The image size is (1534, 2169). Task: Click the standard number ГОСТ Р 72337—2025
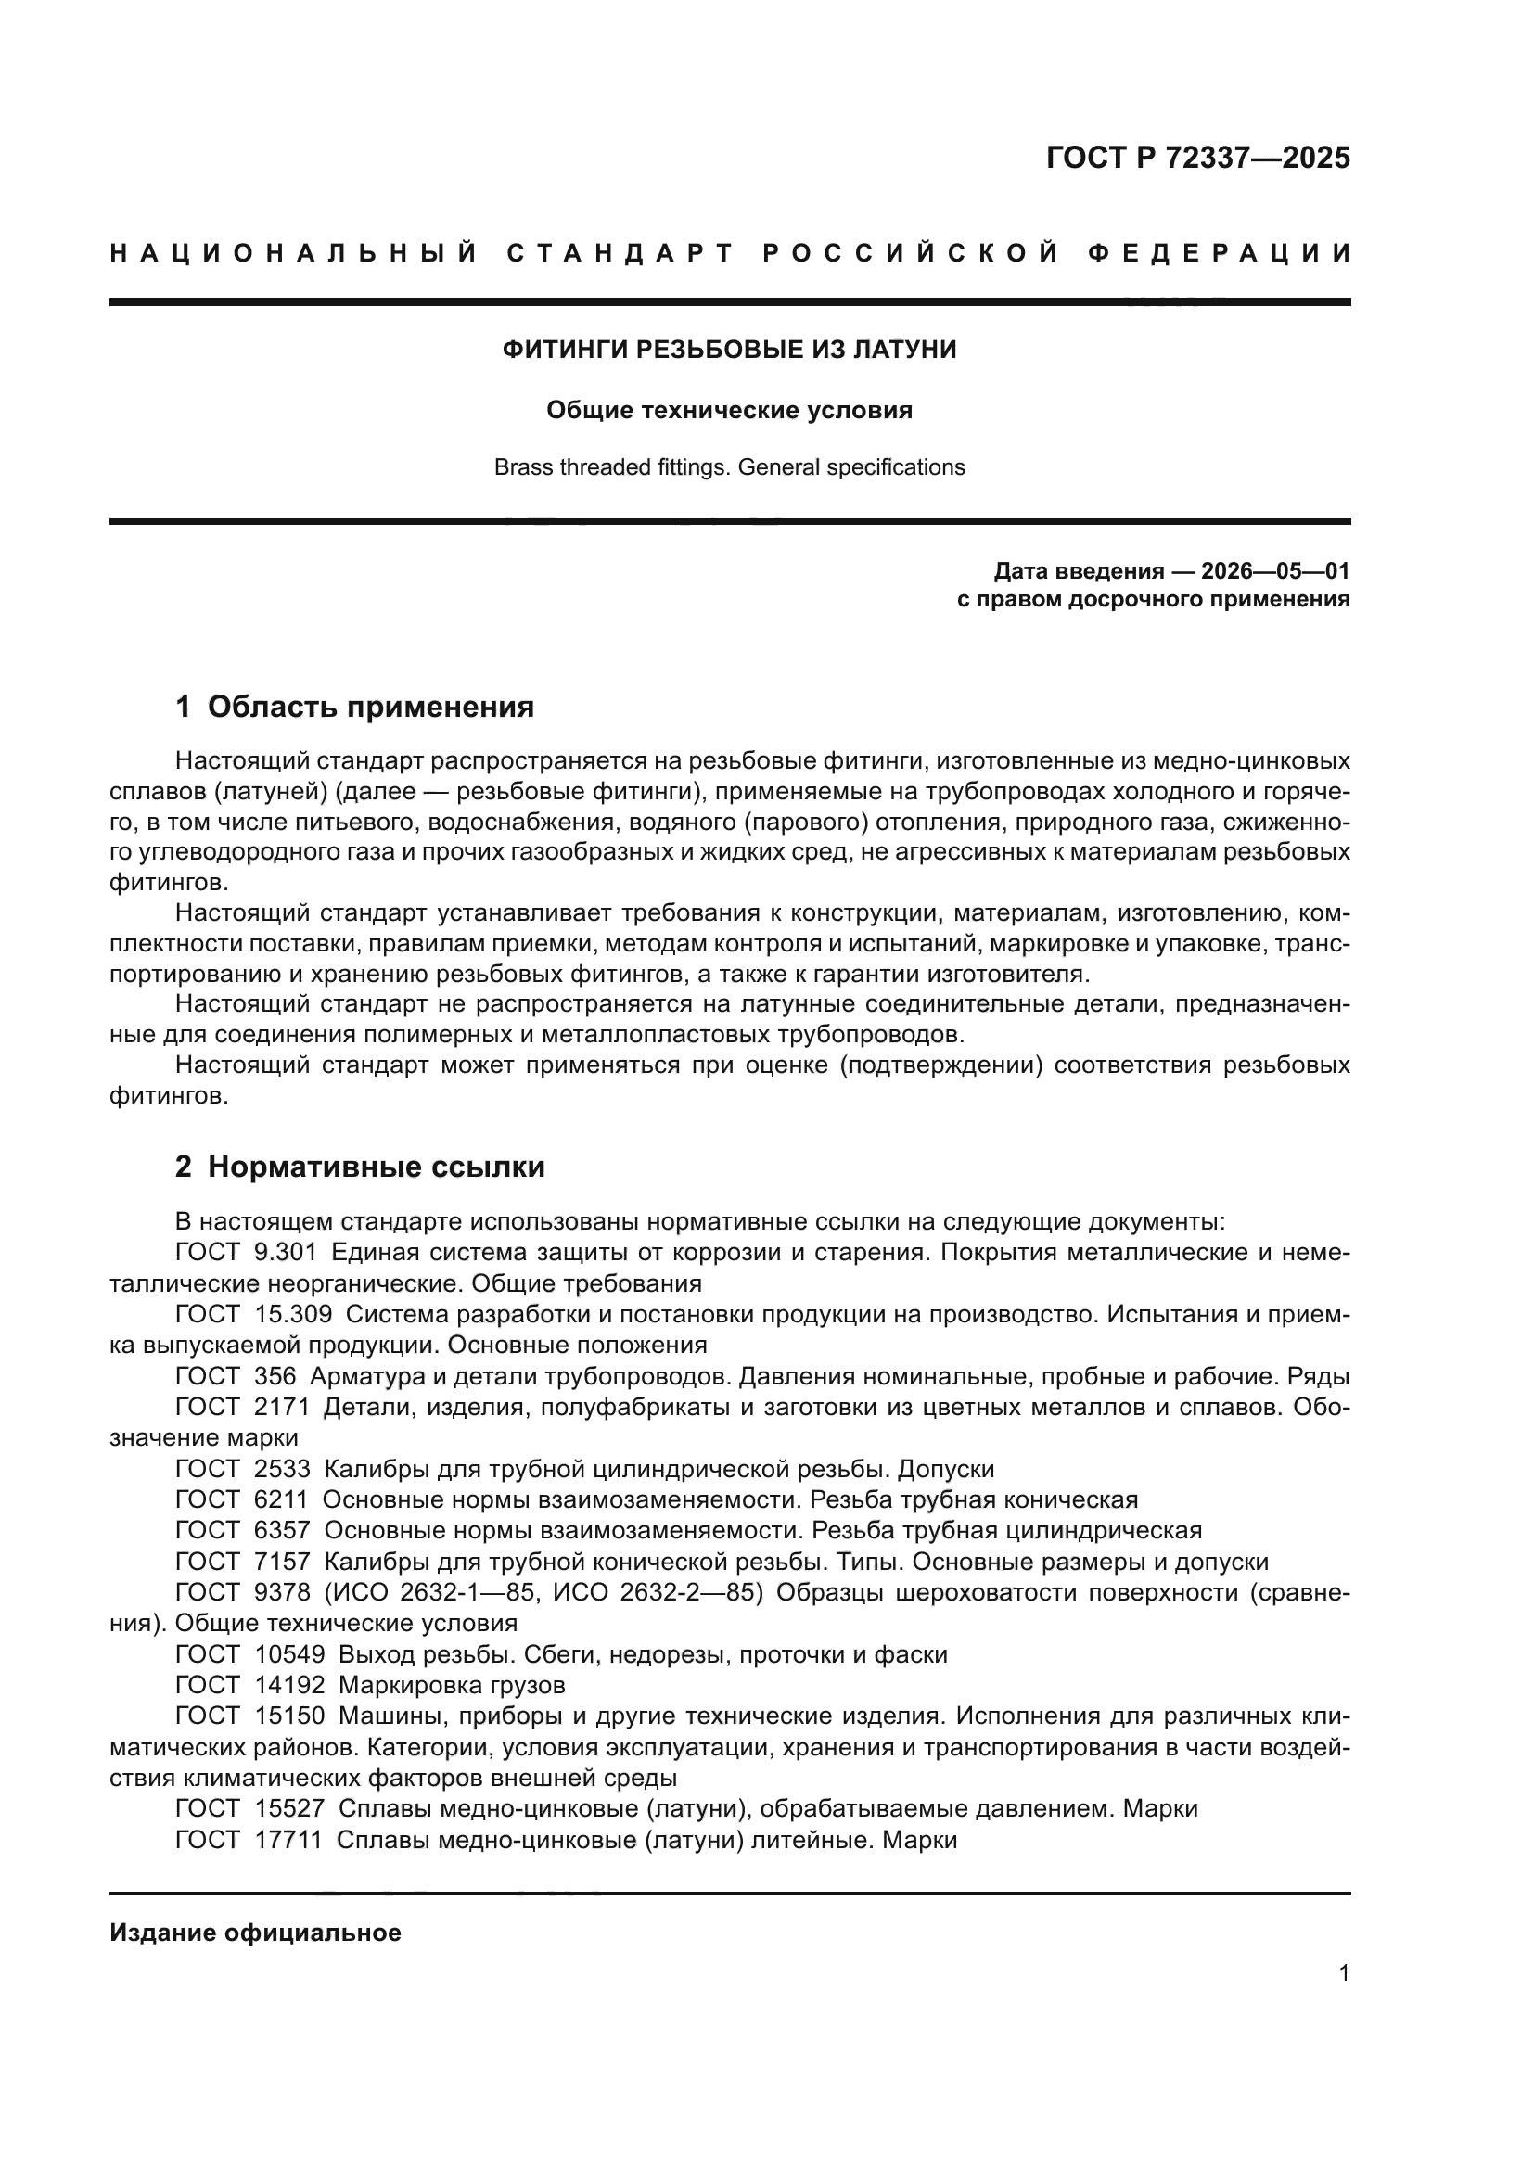pyautogui.click(x=1197, y=158)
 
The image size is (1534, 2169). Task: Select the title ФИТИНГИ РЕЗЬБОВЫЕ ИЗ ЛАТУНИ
pyautogui.click(x=729, y=350)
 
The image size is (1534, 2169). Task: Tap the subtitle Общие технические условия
pyautogui.click(x=729, y=410)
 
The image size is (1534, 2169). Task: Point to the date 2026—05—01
pyautogui.click(x=1275, y=570)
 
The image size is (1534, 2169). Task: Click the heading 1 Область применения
pyautogui.click(x=354, y=707)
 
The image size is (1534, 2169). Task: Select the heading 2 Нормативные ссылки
pyautogui.click(x=360, y=1167)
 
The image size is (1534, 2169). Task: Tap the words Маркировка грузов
pyautogui.click(x=452, y=1685)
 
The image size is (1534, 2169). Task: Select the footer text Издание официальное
pyautogui.click(x=255, y=1933)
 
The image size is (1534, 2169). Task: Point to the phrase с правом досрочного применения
pyautogui.click(x=1154, y=599)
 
